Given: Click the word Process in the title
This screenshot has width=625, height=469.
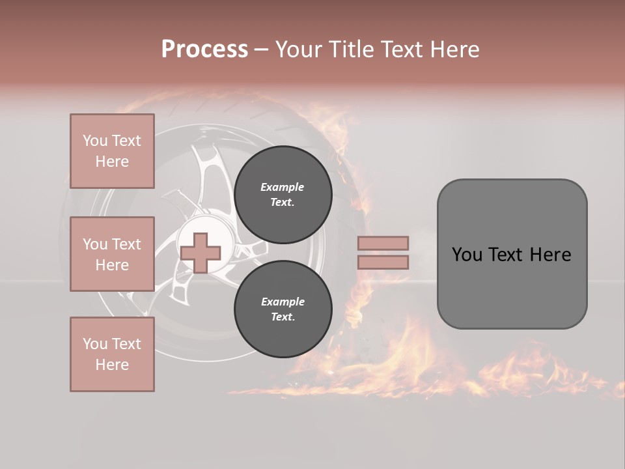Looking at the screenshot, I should coord(204,50).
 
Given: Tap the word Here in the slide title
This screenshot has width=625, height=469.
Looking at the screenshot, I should coord(456,50).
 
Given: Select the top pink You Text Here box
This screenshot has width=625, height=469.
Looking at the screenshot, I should coord(112,151).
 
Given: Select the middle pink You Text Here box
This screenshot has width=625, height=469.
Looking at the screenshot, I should coord(112,254).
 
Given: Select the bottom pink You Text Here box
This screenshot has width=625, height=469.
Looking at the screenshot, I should coord(112,354).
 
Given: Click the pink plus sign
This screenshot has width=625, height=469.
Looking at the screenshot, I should coord(201,253).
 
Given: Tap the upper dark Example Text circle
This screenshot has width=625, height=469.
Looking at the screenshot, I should coord(283,194).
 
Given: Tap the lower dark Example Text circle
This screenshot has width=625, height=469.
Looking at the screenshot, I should coord(283,309).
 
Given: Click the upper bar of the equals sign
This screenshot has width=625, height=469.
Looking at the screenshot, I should coord(383,243).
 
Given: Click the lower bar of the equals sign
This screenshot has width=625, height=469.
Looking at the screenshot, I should coord(383,262).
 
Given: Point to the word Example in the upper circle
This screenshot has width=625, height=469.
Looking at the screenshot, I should coord(283,187).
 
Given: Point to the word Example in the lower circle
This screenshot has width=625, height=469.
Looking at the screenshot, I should coord(283,302).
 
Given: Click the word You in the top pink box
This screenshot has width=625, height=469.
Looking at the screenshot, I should coord(95,141).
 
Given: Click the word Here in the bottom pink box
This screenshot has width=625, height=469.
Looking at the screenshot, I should coord(112,365).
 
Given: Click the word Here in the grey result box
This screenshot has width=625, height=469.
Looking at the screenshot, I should coord(550,255).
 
